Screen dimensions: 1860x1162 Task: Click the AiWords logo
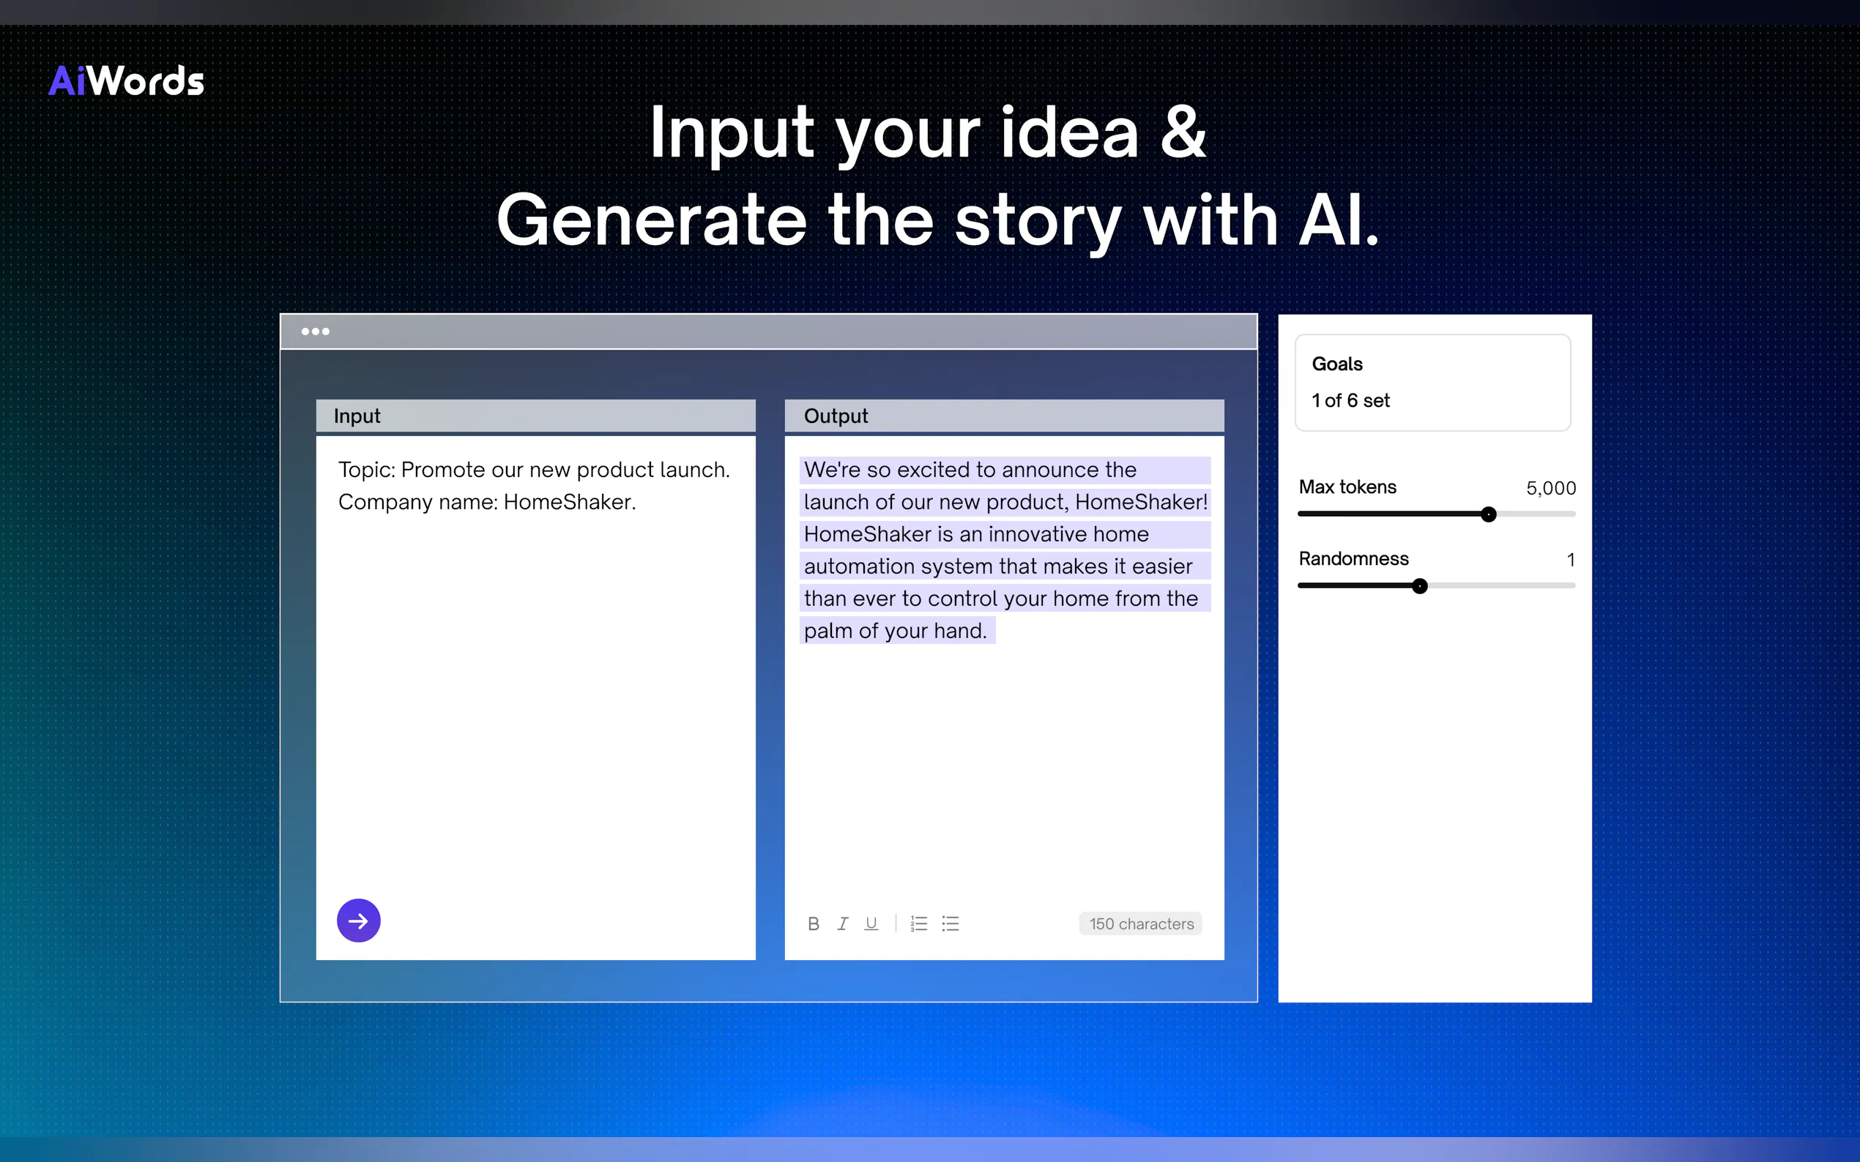pos(126,80)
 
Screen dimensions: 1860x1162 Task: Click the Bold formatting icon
pos(814,923)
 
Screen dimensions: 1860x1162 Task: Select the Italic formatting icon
pos(843,923)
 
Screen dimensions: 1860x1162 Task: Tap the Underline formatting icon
pos(871,923)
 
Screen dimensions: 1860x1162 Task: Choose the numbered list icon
pos(919,923)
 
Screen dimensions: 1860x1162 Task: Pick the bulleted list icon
pos(951,923)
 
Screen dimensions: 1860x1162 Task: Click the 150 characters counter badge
pos(1141,923)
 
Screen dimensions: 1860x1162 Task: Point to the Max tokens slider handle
pos(1489,514)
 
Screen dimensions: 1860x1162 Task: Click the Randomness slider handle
pos(1420,586)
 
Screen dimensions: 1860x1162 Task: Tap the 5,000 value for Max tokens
pos(1551,488)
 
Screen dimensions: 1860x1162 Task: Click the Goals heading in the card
pos(1337,364)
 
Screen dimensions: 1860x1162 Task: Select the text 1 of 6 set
pos(1351,400)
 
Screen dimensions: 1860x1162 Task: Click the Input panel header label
pos(357,416)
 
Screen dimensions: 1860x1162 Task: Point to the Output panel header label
pos(836,416)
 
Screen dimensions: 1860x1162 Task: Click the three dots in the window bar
pos(316,332)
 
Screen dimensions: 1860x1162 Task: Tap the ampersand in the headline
pos(1183,132)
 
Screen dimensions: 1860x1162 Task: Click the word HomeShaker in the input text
pos(568,502)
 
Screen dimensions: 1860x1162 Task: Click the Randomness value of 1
pos(1571,560)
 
